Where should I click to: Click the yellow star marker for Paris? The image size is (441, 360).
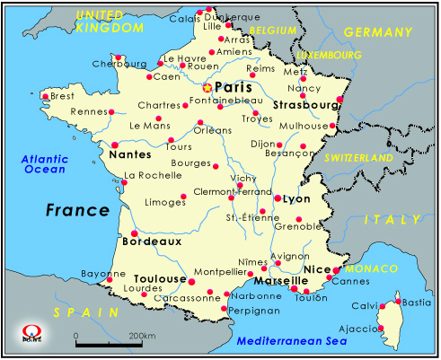point(207,88)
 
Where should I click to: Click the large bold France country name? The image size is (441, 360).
point(79,210)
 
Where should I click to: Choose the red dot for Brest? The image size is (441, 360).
point(45,96)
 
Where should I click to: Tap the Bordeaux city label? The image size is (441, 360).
point(151,241)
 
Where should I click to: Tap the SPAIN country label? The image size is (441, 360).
point(85,312)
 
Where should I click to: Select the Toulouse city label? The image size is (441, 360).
point(159,279)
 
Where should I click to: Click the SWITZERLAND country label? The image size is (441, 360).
point(359,158)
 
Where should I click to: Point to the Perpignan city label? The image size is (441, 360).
point(229,310)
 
